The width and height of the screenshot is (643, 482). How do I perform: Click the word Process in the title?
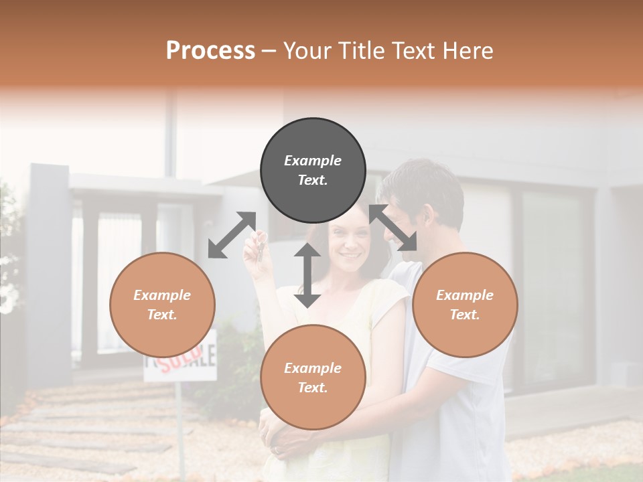pyautogui.click(x=210, y=51)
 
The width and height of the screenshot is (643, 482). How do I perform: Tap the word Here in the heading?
pyautogui.click(x=466, y=51)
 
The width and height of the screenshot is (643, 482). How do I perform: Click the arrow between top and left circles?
pyautogui.click(x=232, y=235)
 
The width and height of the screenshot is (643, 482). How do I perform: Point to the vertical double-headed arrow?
pyautogui.click(x=307, y=275)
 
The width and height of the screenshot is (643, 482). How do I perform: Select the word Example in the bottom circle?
pyautogui.click(x=313, y=368)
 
